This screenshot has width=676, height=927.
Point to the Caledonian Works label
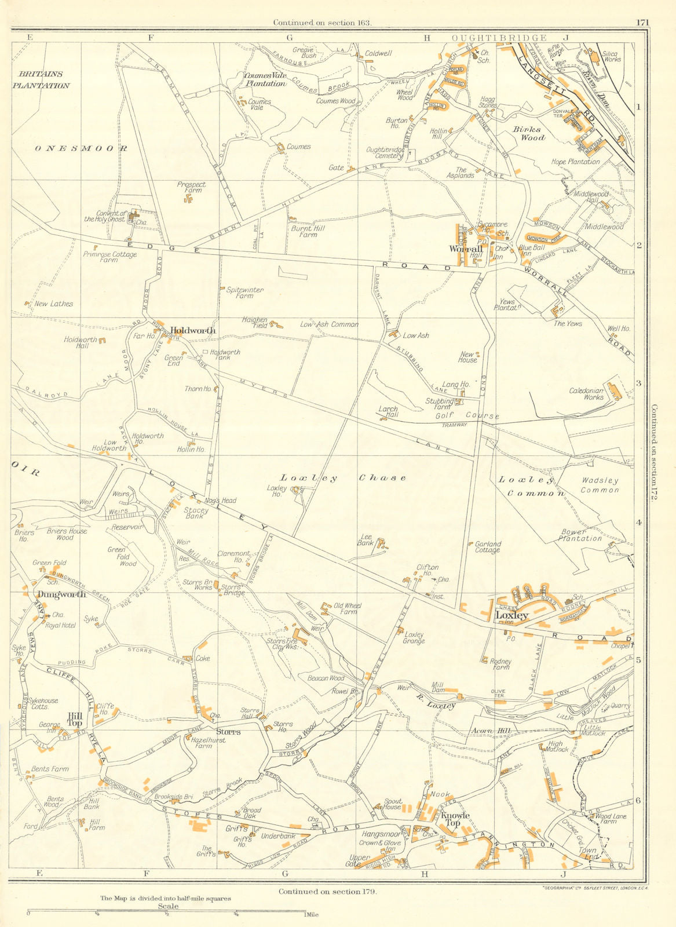pyautogui.click(x=586, y=394)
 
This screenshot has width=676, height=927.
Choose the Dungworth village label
pyautogui.click(x=61, y=594)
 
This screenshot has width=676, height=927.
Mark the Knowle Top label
pyautogui.click(x=455, y=819)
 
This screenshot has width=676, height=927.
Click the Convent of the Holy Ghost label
pyautogui.click(x=105, y=216)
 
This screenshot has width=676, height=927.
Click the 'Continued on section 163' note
pyautogui.click(x=323, y=23)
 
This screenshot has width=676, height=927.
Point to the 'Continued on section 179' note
pyautogui.click(x=327, y=892)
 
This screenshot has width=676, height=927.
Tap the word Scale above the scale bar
pyautogui.click(x=166, y=907)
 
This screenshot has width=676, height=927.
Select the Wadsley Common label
pyautogui.click(x=600, y=485)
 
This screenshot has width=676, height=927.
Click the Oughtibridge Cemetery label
pyautogui.click(x=385, y=152)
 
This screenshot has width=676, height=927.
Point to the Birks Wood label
pyautogui.click(x=529, y=133)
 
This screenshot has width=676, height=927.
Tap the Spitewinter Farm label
pyautogui.click(x=240, y=293)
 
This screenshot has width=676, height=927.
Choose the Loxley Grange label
pyautogui.click(x=415, y=637)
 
